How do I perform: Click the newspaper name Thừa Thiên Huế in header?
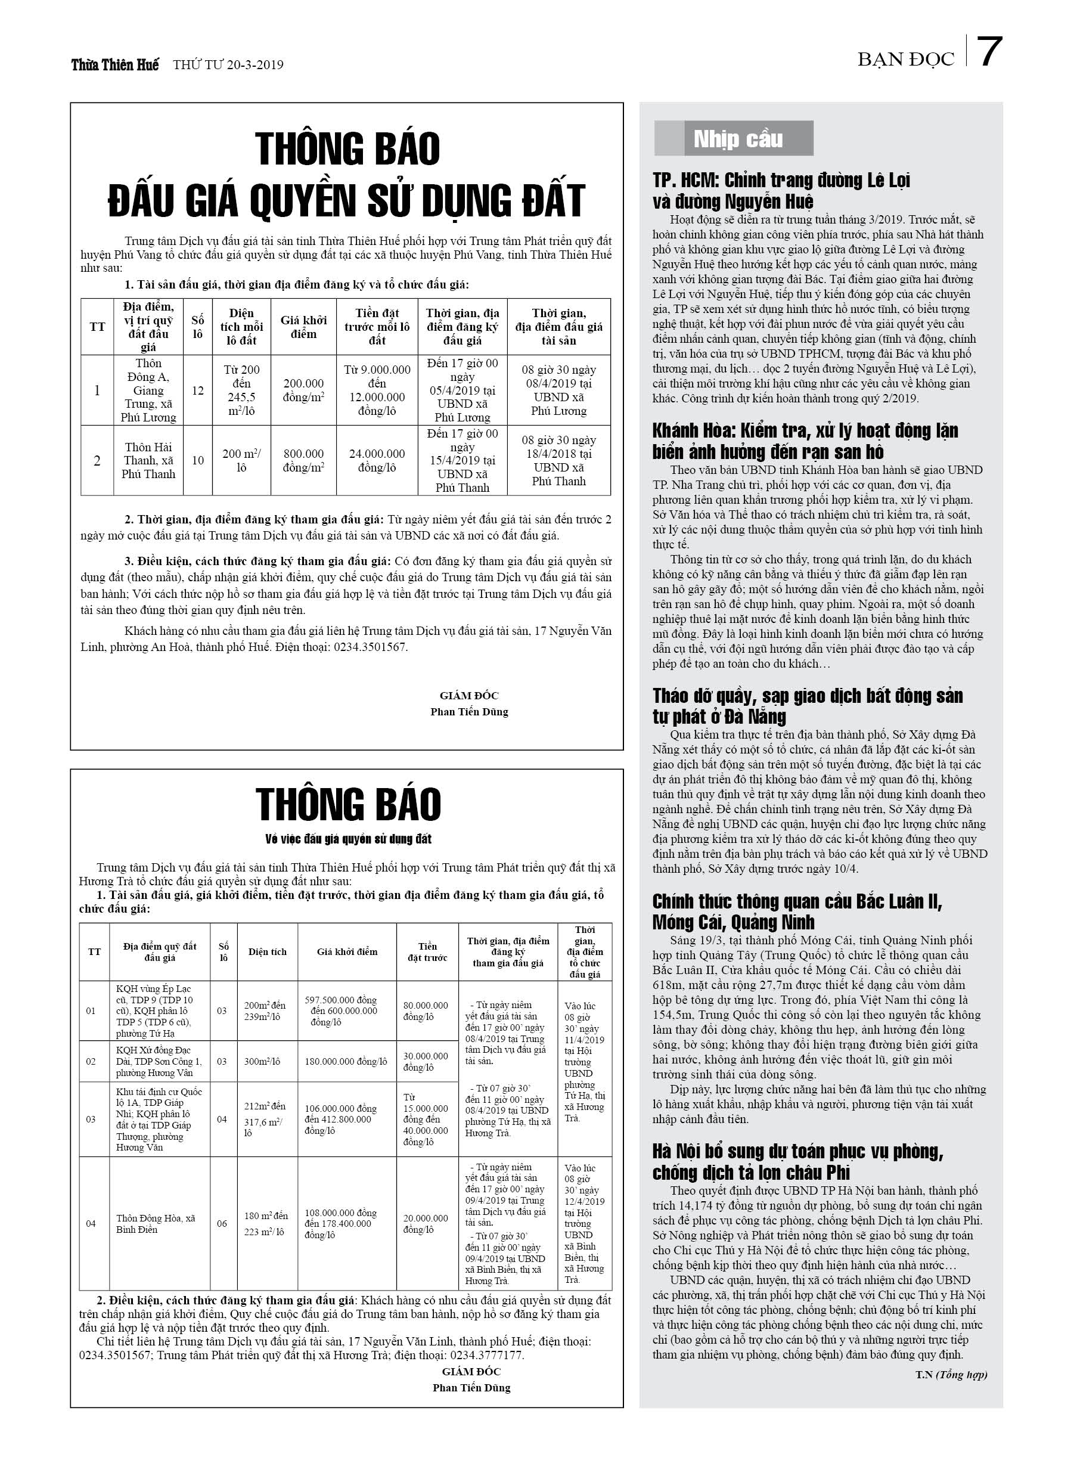[x=115, y=65]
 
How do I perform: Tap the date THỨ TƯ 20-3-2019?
[x=228, y=65]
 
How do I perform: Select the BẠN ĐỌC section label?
[x=905, y=60]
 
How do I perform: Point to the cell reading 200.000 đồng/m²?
[x=303, y=390]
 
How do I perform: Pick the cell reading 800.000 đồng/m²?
[x=303, y=460]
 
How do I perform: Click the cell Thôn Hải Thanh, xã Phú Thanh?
[x=148, y=460]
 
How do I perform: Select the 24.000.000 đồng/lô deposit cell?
[x=377, y=460]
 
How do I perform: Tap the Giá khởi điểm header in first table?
[x=303, y=327]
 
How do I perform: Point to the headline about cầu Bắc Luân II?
[x=797, y=911]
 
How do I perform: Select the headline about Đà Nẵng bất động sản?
[x=808, y=706]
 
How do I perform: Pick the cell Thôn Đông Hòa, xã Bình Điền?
[x=156, y=1224]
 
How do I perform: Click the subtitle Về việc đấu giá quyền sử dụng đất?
[x=348, y=839]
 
